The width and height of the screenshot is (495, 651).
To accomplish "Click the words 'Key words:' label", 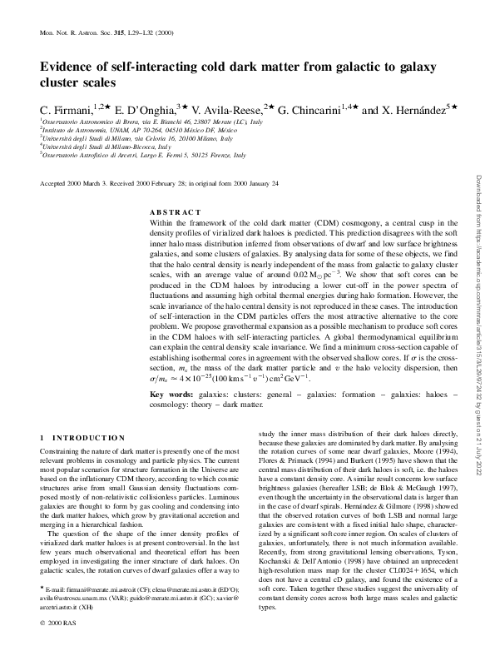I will pyautogui.click(x=171, y=392).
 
